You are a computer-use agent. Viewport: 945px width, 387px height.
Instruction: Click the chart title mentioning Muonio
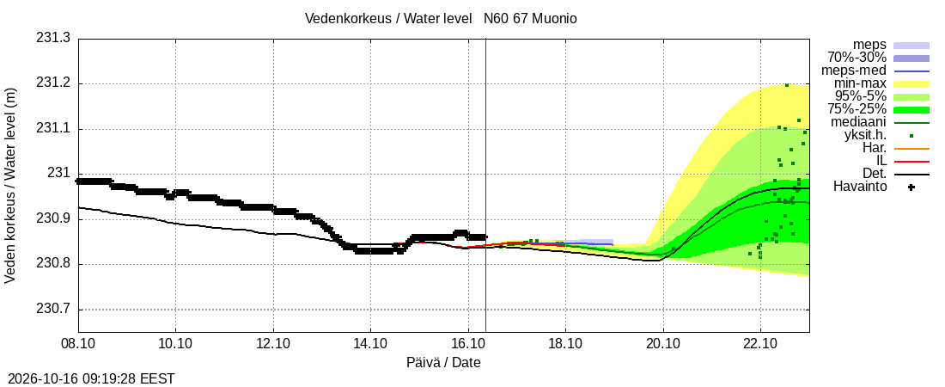point(441,19)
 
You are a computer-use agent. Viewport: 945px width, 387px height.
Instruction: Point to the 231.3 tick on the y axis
point(53,39)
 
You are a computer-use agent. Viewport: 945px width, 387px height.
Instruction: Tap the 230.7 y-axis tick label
point(53,310)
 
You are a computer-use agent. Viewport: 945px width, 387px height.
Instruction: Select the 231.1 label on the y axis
point(53,129)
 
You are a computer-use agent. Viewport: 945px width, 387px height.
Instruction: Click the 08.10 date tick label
point(78,343)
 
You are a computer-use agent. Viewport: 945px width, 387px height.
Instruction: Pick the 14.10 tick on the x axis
point(370,343)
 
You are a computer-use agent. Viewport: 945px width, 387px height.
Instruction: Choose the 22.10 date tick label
point(760,343)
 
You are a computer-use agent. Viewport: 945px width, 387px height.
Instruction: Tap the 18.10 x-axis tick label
point(565,343)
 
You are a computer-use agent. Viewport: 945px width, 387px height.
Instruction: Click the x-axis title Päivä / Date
point(443,363)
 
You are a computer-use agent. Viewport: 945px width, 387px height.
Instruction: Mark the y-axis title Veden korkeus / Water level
point(10,186)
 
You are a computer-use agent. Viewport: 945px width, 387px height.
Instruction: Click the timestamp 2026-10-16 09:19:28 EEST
point(88,379)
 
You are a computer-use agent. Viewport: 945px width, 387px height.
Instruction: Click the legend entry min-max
point(860,84)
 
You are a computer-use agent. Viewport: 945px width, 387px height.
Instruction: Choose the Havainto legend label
point(860,187)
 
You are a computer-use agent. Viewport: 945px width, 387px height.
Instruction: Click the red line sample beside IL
point(911,161)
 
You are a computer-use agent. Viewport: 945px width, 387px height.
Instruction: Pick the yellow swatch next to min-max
point(911,84)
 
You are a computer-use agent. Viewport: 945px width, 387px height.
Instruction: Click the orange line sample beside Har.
point(911,149)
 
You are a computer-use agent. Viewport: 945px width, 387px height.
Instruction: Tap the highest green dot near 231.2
point(787,85)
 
